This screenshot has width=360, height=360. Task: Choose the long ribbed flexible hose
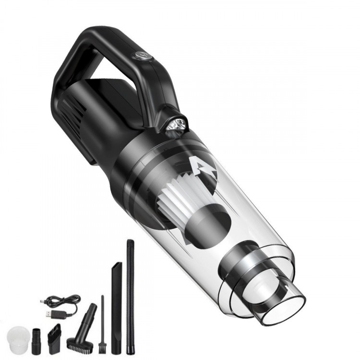(130, 288)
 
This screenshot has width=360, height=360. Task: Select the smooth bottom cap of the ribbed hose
(130, 338)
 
